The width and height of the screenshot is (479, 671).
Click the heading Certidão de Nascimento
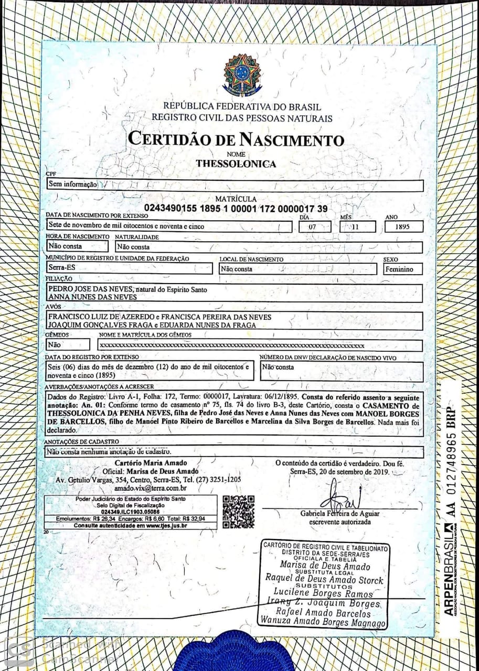coord(236,139)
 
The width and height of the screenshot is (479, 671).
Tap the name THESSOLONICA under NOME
coord(236,164)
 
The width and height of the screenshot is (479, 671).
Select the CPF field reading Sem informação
coord(73,185)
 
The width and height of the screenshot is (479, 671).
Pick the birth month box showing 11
coord(358,226)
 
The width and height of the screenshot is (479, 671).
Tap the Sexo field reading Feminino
coord(402,269)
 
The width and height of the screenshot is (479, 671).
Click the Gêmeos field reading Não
coord(54,345)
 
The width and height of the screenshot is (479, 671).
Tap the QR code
coord(238,511)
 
